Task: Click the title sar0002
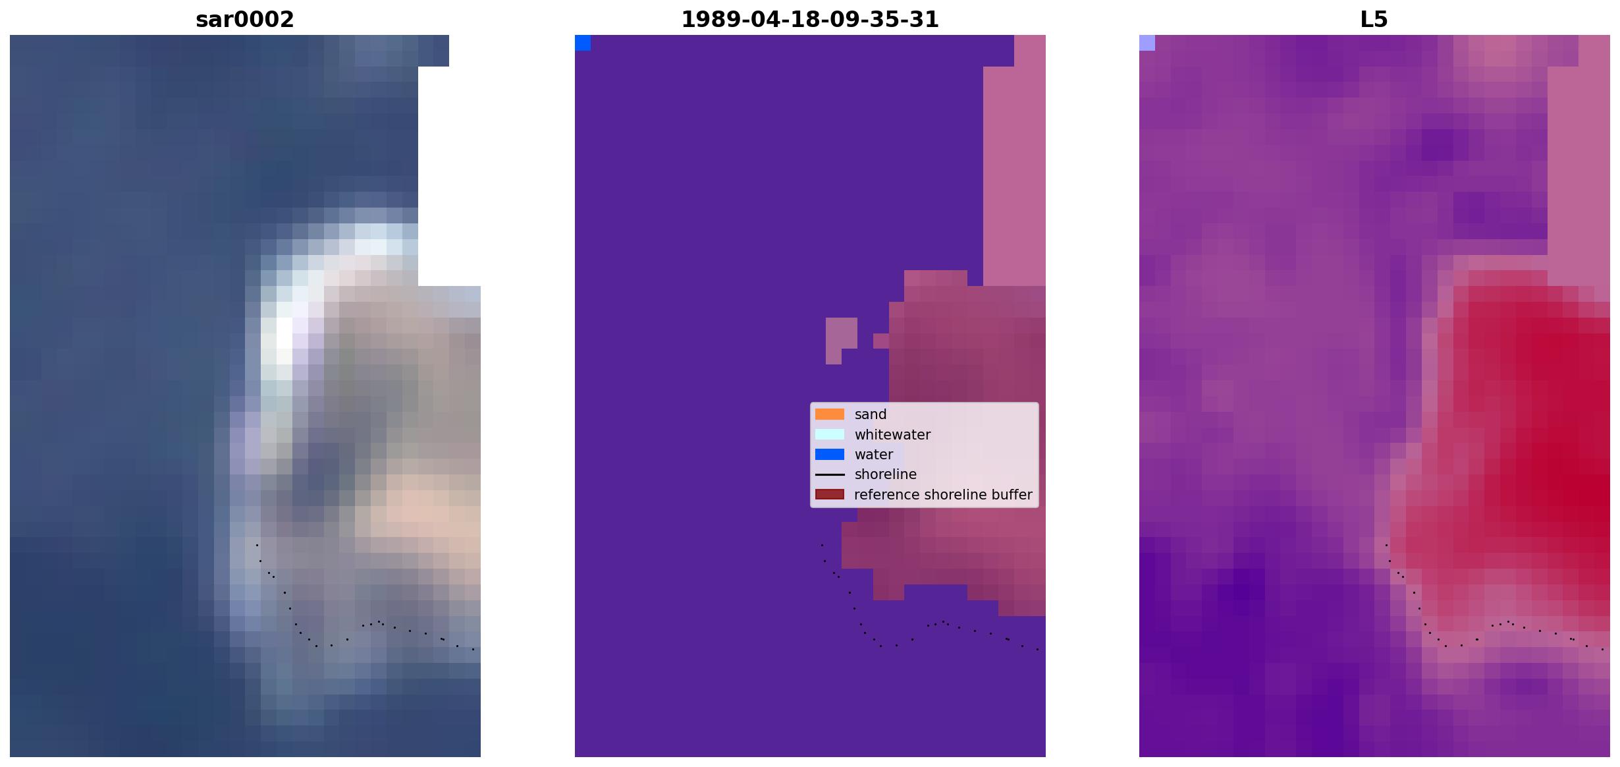[245, 20]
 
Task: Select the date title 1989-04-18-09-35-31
[810, 20]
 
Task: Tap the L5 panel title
[1374, 20]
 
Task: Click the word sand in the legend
[871, 414]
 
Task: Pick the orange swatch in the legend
[830, 414]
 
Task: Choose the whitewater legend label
[892, 435]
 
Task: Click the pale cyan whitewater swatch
[830, 434]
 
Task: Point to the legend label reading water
[874, 455]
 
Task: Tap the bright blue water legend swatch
[830, 455]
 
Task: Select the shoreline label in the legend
[886, 474]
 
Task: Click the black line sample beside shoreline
[830, 474]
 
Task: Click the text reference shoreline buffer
[943, 495]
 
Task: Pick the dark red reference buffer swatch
[830, 494]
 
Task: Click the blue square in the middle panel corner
[583, 43]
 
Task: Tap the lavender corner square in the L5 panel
[1147, 43]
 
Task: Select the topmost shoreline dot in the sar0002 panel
[257, 545]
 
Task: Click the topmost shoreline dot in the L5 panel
[1386, 545]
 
